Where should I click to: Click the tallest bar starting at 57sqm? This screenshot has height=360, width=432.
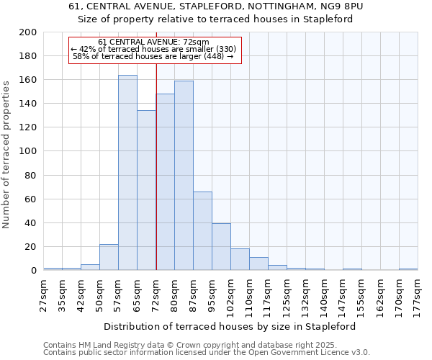coord(127,173)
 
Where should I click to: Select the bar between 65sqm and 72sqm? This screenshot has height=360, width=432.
coord(146,191)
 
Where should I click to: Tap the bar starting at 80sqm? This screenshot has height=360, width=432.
coord(184,176)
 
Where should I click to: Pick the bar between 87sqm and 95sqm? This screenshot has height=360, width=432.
coord(202,231)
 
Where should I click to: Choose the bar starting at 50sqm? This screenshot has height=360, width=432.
coord(109,257)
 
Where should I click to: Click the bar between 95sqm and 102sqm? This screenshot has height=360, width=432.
coord(221,247)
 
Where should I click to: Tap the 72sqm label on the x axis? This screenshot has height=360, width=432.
coord(156,292)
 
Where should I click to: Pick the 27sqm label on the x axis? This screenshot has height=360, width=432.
coord(44,292)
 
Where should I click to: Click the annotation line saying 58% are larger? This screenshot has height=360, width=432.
coord(153,56)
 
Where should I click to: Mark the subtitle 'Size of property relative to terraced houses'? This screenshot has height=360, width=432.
coord(215,19)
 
